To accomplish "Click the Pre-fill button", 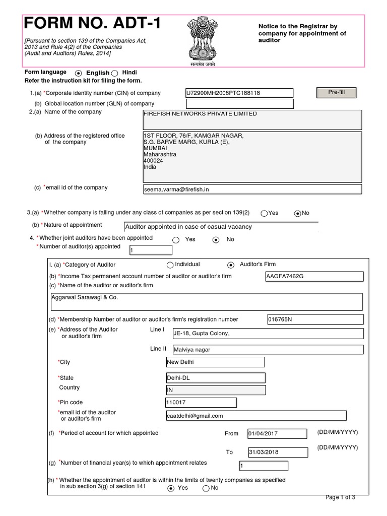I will pyautogui.click(x=336, y=93).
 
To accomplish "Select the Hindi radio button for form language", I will pyautogui.click(x=115, y=73).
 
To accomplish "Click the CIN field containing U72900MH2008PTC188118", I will pyautogui.click(x=239, y=93).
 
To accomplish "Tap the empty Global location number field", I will pyautogui.click(x=239, y=104).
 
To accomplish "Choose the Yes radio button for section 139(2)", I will pyautogui.click(x=264, y=213).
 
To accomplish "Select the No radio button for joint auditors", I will pyautogui.click(x=216, y=240).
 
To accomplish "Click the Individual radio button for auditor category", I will pyautogui.click(x=169, y=265).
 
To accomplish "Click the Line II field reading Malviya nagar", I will pyautogui.click(x=267, y=350).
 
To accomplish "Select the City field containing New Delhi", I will pyautogui.click(x=215, y=362).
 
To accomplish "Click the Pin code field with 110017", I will pyautogui.click(x=201, y=403).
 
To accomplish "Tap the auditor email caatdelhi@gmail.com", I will pyautogui.click(x=255, y=416).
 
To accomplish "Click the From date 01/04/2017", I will pyautogui.click(x=277, y=434).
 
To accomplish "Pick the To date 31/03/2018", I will pyautogui.click(x=277, y=452).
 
